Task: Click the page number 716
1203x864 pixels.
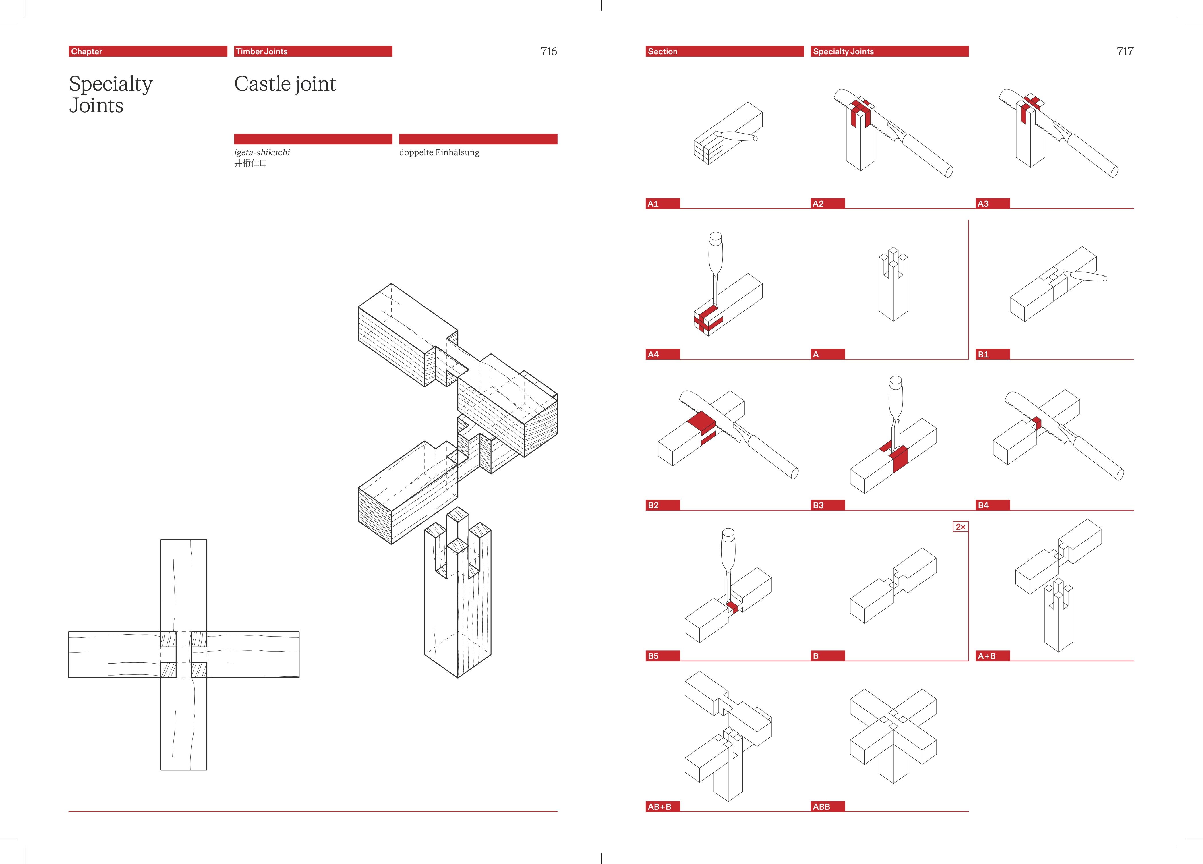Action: pos(548,51)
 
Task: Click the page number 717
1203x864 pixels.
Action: pos(1125,51)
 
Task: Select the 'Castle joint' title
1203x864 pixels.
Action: pos(285,84)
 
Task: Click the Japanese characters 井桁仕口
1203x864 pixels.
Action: pos(250,163)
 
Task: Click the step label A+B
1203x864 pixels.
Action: pos(987,656)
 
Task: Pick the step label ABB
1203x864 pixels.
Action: pos(821,807)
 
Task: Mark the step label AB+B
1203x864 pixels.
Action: pos(659,807)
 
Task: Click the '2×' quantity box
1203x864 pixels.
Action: pos(960,527)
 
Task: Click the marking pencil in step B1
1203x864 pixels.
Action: pos(1087,276)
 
